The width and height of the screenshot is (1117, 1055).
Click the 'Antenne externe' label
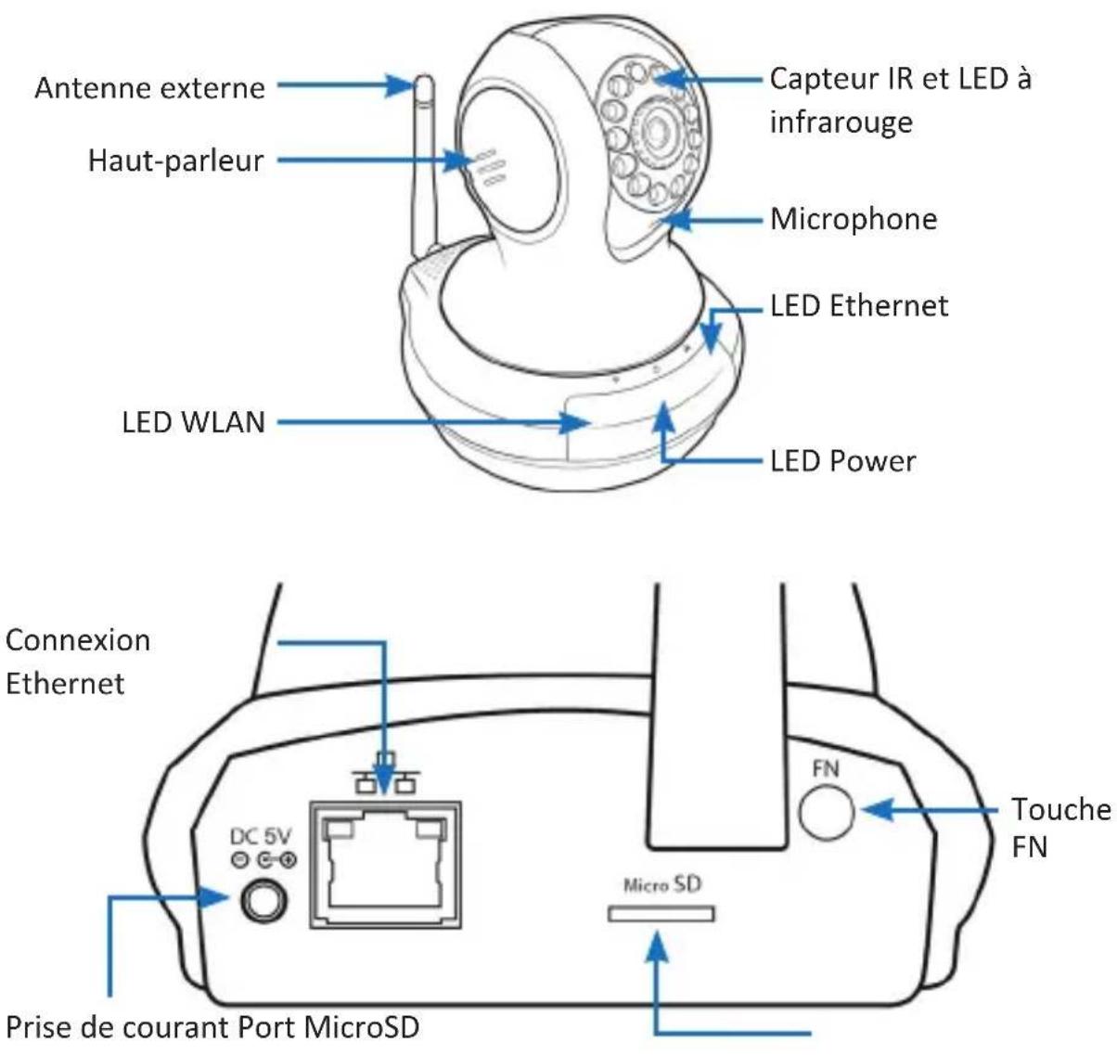tap(149, 88)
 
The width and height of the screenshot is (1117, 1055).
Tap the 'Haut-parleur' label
tap(175, 161)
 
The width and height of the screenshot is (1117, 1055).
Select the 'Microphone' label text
tap(854, 219)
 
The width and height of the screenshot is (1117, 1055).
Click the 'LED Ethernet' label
tap(859, 306)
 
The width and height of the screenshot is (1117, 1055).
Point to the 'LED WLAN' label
tap(194, 422)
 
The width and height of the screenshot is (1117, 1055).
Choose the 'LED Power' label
tap(842, 461)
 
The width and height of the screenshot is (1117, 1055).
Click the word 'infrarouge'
tap(841, 122)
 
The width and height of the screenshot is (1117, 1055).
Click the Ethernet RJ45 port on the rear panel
tap(386, 865)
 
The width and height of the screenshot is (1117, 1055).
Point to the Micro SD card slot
tap(661, 914)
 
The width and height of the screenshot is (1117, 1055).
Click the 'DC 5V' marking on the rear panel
tap(261, 837)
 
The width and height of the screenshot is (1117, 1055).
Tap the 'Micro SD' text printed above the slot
tap(662, 885)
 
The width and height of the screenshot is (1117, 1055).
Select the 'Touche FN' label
tap(1060, 829)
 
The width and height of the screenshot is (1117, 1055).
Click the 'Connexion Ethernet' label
tap(78, 663)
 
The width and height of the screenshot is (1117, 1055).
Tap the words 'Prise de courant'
tap(118, 1028)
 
